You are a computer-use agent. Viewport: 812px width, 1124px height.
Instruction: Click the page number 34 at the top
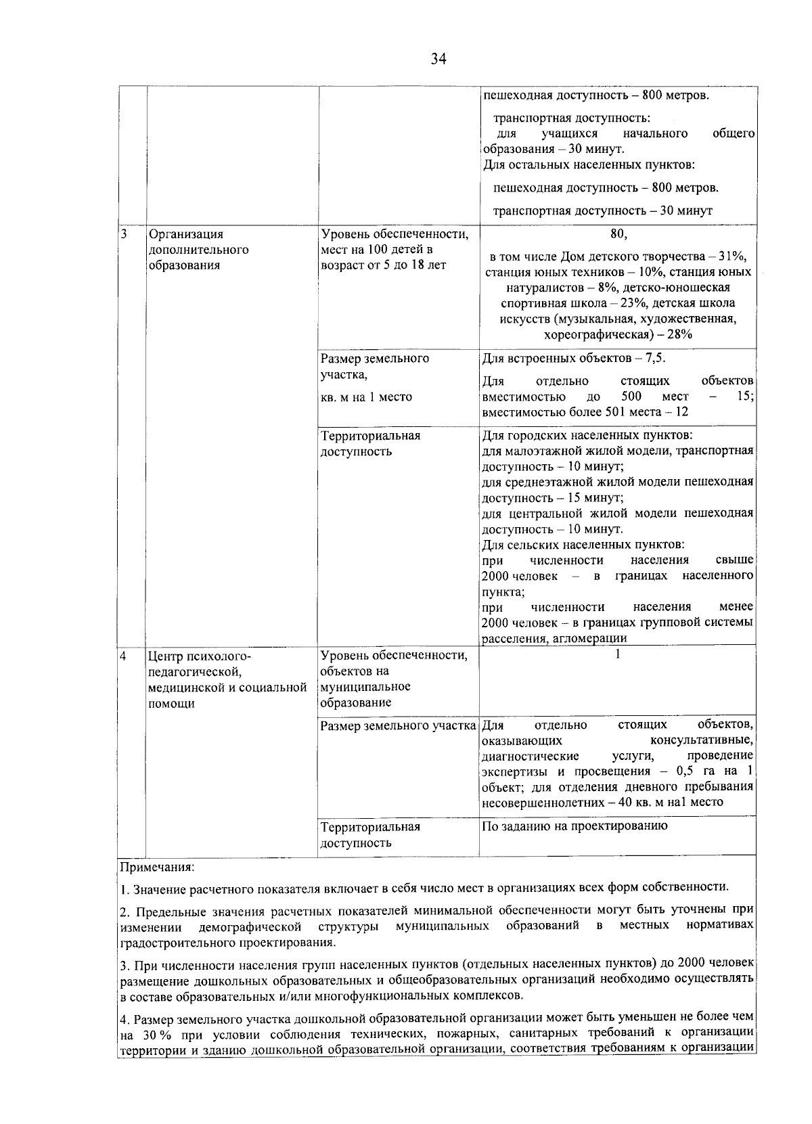438,60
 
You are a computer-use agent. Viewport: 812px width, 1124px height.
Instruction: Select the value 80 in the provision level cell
617,234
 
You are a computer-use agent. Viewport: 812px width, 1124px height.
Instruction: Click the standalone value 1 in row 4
618,654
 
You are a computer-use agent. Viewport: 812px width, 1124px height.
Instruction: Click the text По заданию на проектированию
574,826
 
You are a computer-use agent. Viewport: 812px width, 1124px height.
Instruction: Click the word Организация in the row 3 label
185,235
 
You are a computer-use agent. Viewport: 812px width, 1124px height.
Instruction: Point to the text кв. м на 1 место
366,397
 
